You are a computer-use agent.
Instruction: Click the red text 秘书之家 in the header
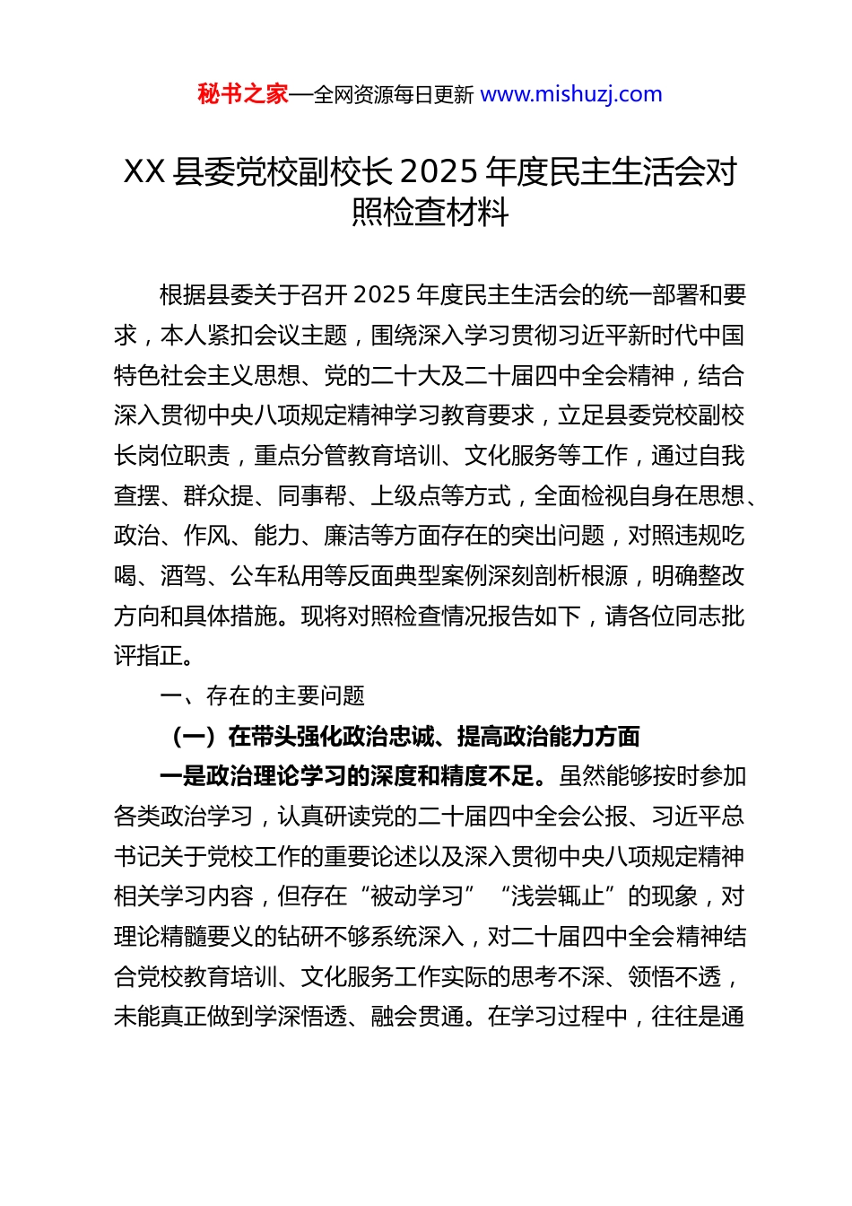coord(242,94)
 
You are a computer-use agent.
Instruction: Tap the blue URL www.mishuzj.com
coord(571,94)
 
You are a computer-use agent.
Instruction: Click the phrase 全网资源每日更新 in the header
coord(393,94)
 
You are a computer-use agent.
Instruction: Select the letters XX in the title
coord(143,170)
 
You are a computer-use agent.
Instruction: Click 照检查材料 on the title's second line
coord(430,212)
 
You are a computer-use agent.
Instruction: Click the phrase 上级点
coord(405,495)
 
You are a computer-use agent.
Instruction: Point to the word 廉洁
coord(347,536)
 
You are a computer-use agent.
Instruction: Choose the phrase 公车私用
coord(277,576)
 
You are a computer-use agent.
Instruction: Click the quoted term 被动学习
coord(417,896)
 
